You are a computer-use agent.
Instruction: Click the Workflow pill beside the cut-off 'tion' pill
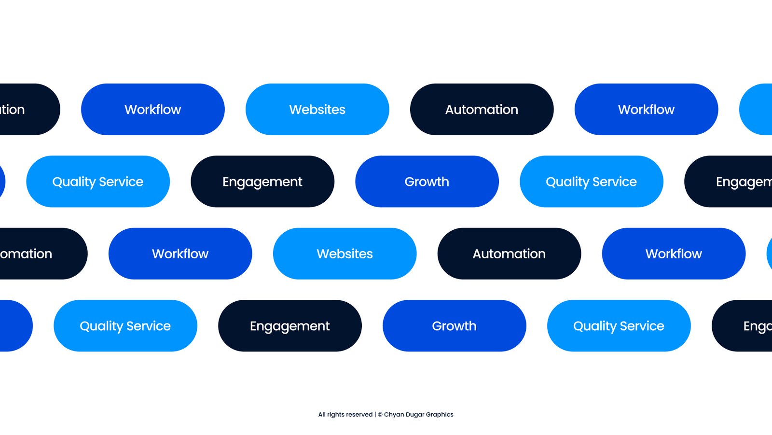[152, 110]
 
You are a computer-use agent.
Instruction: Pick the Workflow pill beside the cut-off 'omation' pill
[180, 254]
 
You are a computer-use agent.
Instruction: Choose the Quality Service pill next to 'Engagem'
[591, 182]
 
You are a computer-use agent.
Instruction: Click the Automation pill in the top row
[482, 110]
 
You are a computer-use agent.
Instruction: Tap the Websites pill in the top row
[317, 110]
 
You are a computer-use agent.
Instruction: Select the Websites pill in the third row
[345, 254]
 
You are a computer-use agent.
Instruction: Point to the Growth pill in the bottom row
[454, 326]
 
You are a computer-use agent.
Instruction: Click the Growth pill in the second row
[427, 182]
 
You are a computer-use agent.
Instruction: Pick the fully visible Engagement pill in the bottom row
[289, 326]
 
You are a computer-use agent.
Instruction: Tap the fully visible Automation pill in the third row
[509, 254]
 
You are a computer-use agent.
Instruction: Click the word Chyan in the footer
[394, 415]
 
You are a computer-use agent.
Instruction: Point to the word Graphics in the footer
[440, 415]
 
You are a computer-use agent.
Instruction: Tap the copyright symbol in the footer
[380, 415]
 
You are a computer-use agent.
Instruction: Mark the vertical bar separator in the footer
[375, 415]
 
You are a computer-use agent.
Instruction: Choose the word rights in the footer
[336, 415]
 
